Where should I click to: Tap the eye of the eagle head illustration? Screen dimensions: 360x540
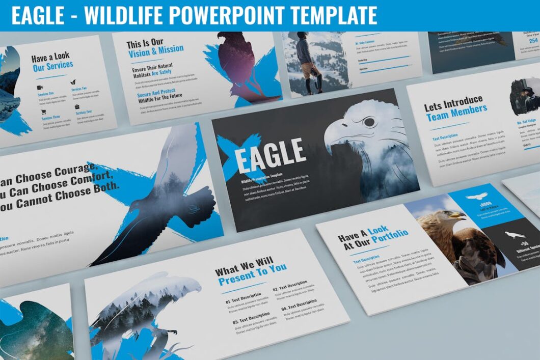tap(369, 122)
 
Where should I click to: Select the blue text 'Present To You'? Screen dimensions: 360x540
tap(252, 276)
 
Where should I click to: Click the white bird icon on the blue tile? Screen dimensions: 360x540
tap(476, 196)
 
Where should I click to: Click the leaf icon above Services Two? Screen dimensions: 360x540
tap(73, 81)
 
